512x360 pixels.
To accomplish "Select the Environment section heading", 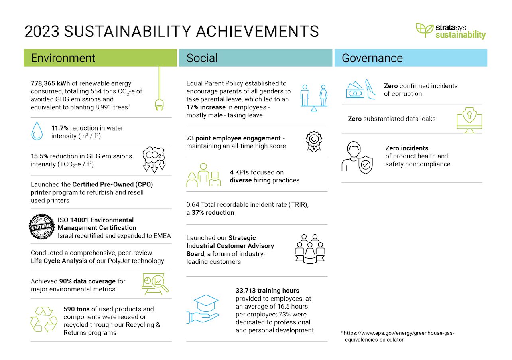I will (63, 58).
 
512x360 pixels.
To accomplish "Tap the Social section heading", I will (202, 58).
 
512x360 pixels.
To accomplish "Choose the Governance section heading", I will (372, 58).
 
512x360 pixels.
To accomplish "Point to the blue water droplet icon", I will (37, 131).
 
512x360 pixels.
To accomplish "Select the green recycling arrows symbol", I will (44, 319).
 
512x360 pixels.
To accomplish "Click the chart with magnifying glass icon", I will (155, 284).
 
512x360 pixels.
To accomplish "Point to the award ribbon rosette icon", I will (313, 141).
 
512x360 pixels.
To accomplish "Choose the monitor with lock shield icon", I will (469, 120).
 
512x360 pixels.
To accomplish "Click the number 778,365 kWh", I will (50, 83).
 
